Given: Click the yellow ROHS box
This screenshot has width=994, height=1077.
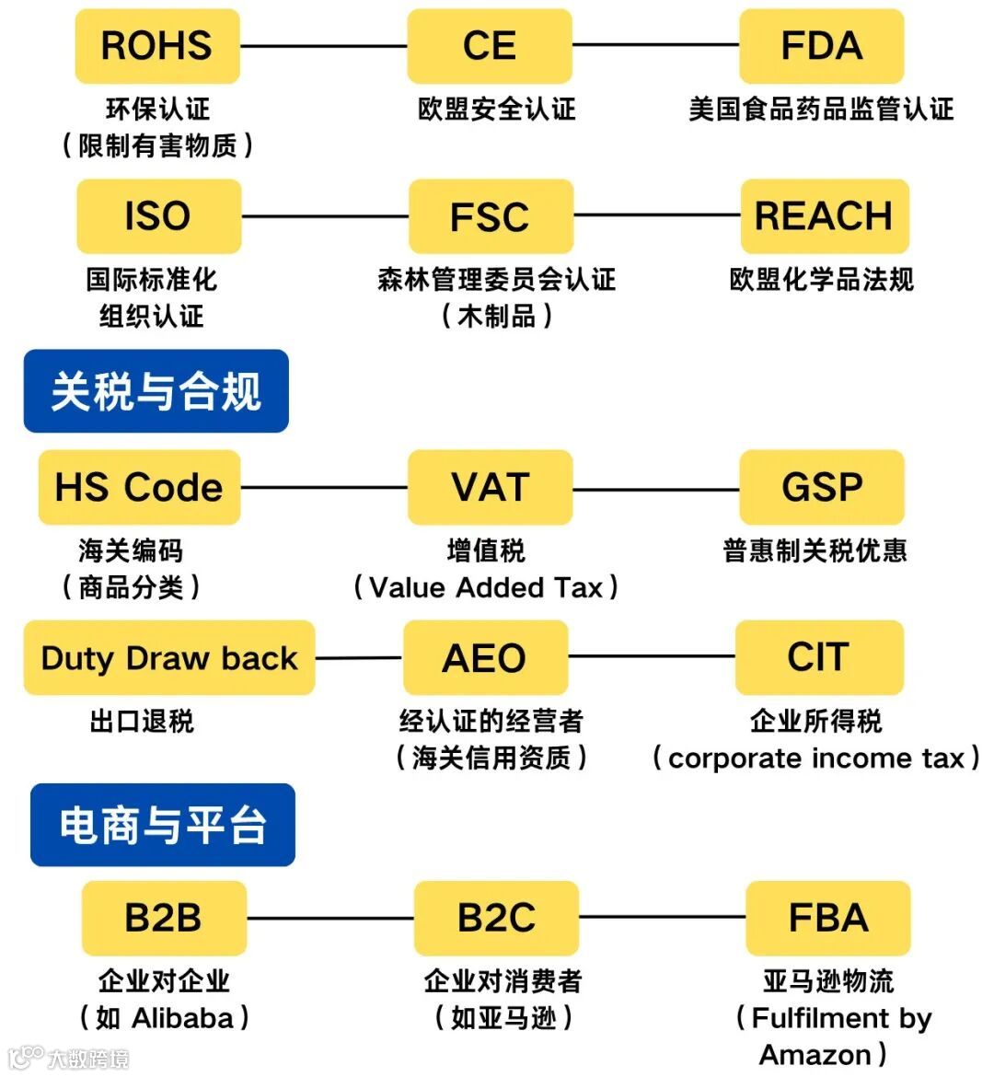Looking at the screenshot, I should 157,46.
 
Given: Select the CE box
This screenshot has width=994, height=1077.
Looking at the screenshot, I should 490,46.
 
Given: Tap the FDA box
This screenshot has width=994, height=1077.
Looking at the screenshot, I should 822,46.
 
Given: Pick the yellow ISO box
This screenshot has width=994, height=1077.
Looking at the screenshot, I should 158,216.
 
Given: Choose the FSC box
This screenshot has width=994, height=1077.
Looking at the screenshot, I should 491,216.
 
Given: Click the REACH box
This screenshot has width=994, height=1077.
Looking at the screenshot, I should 824,216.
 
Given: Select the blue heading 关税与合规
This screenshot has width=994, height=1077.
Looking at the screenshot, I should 156,391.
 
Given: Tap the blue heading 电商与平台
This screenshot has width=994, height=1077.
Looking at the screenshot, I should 163,825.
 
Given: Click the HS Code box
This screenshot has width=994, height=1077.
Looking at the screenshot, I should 139,487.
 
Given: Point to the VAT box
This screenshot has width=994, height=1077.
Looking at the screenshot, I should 490,487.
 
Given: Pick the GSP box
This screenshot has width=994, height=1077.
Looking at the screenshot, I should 822,487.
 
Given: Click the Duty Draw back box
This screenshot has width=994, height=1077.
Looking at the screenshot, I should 169,657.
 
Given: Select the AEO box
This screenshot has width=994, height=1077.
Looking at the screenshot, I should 485,657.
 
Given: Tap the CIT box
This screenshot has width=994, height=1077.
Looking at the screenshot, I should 819,657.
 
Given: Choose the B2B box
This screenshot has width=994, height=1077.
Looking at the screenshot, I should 164,918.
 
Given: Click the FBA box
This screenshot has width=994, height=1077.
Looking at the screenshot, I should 828,918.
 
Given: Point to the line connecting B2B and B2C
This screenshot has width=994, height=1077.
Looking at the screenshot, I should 330,918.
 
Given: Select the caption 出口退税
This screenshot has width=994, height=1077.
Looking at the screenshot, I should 142,721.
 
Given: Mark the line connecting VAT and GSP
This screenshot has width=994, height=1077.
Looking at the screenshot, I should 655,488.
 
